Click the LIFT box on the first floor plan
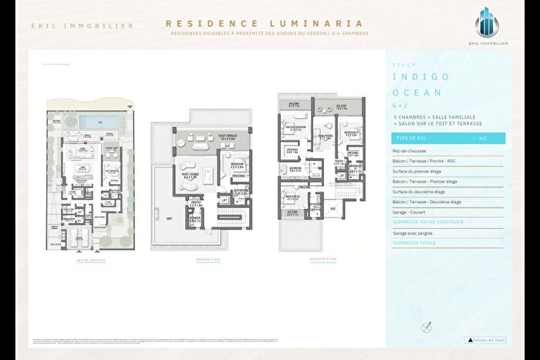pyautogui.click(x=225, y=200)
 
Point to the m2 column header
pyautogui.click(x=482, y=139)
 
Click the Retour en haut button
pyautogui.click(x=485, y=339)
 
